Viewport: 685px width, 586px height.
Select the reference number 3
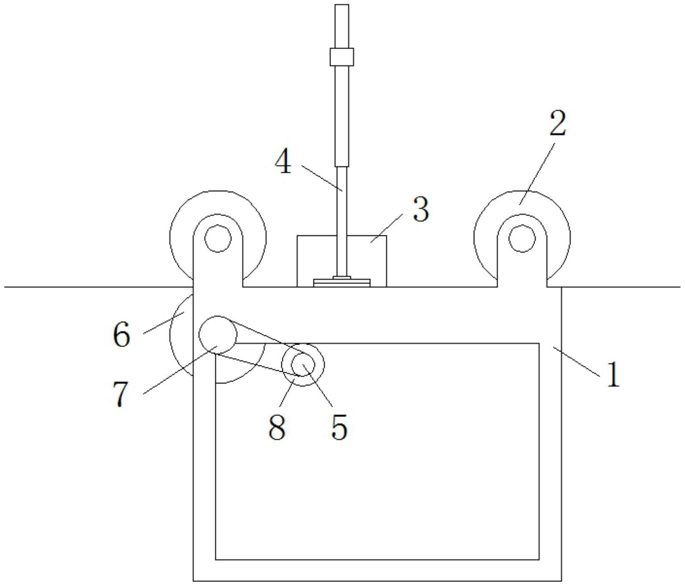click(x=421, y=209)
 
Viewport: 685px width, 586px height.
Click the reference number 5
click(x=339, y=427)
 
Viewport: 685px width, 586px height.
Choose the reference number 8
click(x=277, y=427)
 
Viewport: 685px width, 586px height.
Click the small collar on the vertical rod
click(x=342, y=57)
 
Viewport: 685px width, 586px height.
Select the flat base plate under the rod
click(x=342, y=283)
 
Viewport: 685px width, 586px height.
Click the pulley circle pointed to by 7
click(x=218, y=334)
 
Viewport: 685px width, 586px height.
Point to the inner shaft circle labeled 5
click(x=303, y=365)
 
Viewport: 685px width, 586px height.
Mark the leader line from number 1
click(x=577, y=361)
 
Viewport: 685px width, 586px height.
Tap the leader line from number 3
click(x=386, y=228)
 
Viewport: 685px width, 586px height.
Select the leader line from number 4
click(x=322, y=178)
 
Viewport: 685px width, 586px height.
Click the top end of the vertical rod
click(x=342, y=5)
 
